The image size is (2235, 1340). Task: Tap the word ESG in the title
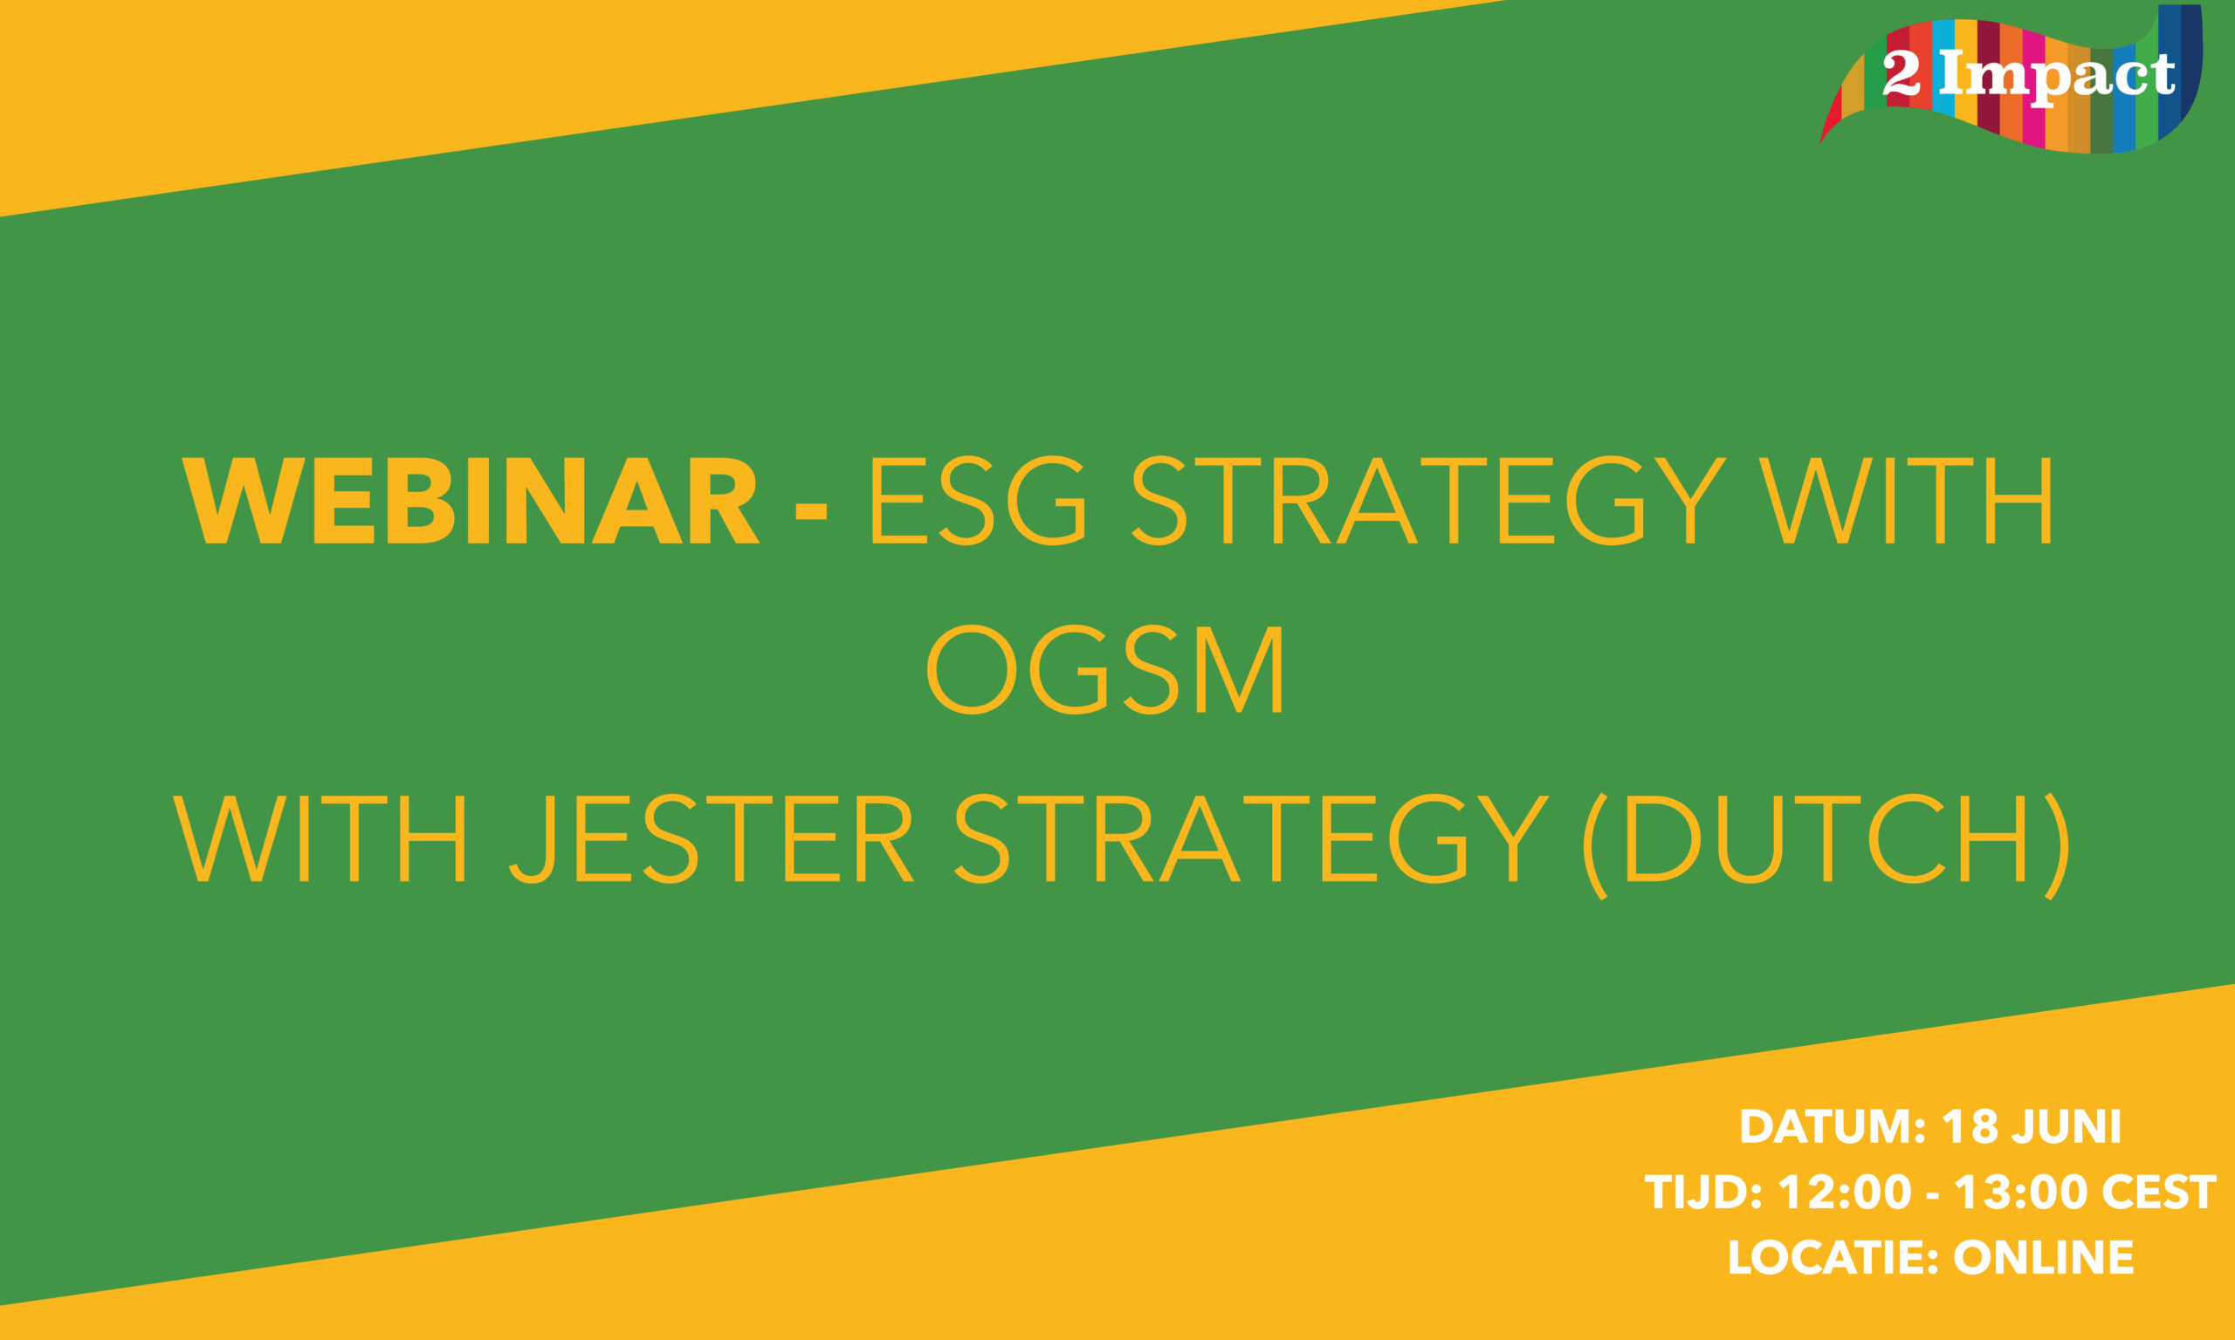point(977,500)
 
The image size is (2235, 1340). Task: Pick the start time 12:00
point(1846,1193)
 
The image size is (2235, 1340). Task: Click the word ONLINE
point(2044,1258)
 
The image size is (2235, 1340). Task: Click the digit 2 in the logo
point(1901,74)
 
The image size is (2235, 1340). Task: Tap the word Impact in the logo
point(2057,76)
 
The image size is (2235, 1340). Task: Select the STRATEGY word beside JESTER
point(1252,839)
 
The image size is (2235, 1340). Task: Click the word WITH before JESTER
point(319,839)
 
